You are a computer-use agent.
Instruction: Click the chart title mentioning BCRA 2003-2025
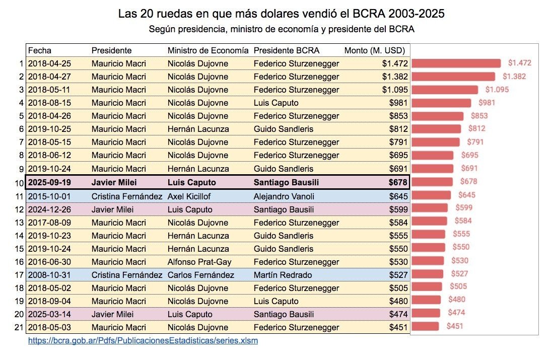tap(281, 14)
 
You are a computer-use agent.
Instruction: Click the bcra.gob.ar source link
tap(143, 340)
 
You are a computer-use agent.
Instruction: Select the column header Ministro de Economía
tap(207, 50)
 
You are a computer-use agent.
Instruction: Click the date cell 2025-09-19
tap(49, 182)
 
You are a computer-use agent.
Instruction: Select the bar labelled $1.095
tap(444, 90)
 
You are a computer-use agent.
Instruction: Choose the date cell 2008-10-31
tap(49, 275)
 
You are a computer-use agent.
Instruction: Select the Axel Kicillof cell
tap(189, 195)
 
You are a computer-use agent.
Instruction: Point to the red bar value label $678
tap(467, 182)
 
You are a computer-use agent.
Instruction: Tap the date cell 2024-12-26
tap(49, 209)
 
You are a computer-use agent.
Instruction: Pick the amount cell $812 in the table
tap(397, 129)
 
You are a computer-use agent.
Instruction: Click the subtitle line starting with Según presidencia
tap(281, 29)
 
